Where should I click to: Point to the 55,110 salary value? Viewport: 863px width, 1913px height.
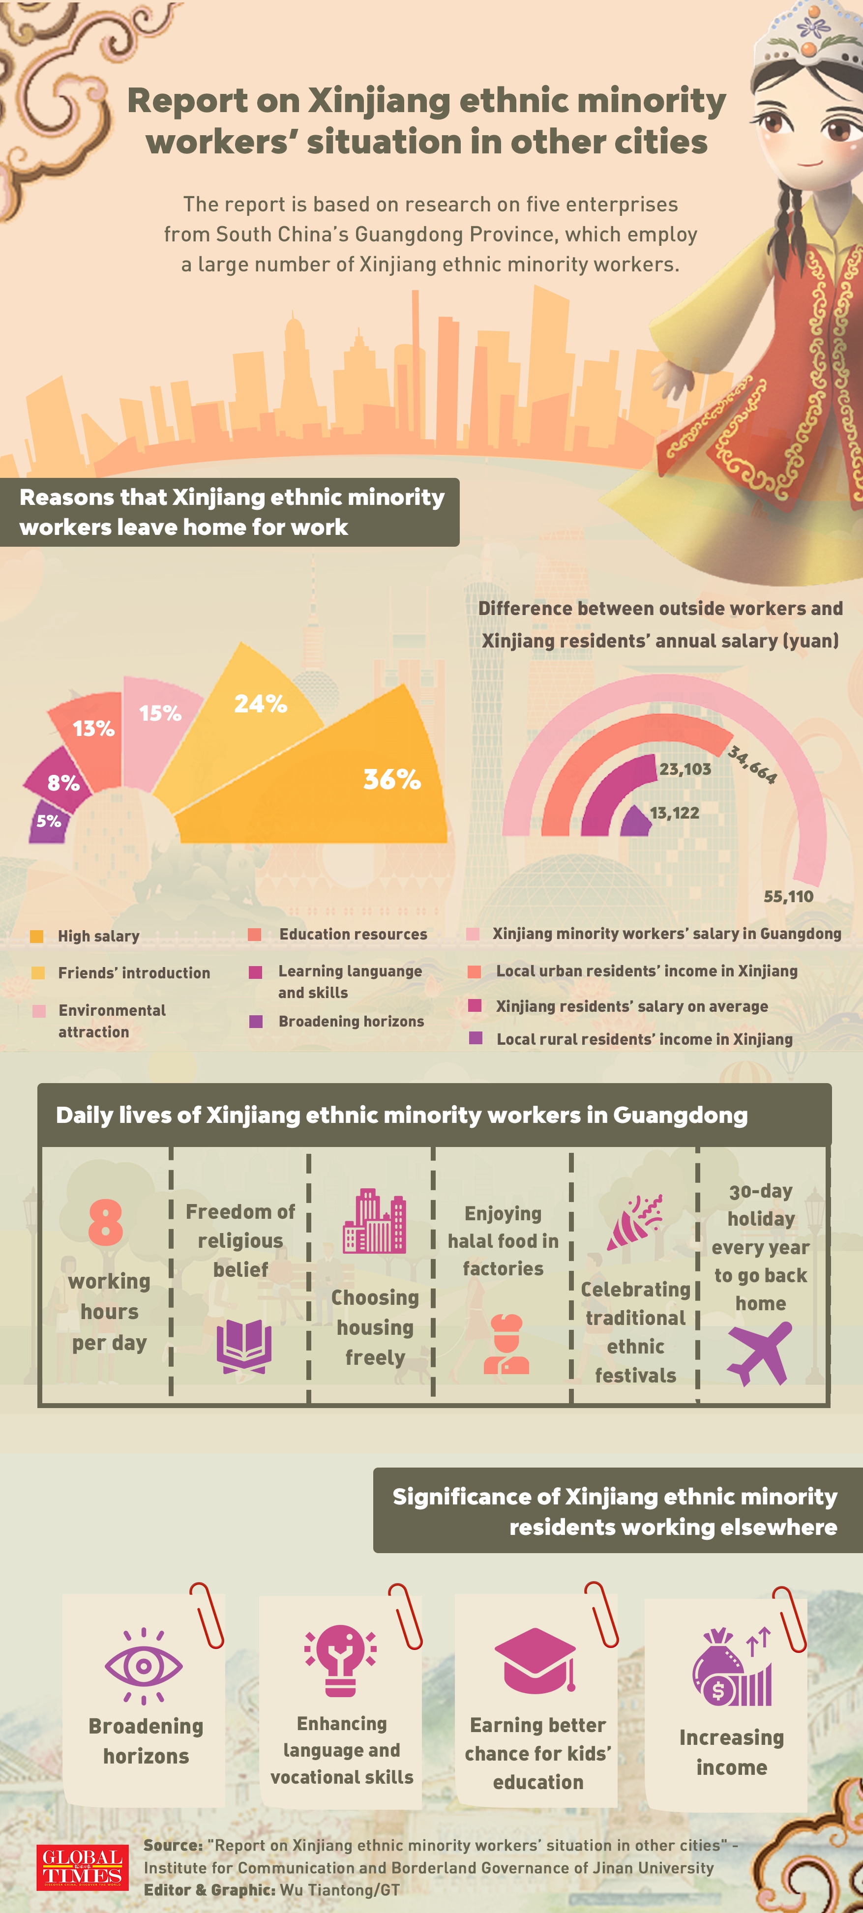(788, 896)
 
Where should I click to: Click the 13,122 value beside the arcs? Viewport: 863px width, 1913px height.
(674, 813)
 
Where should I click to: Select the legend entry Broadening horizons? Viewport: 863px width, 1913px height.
(351, 1021)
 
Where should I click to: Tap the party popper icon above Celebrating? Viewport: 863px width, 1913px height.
(635, 1222)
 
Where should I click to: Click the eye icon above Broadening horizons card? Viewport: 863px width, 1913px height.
(143, 1666)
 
